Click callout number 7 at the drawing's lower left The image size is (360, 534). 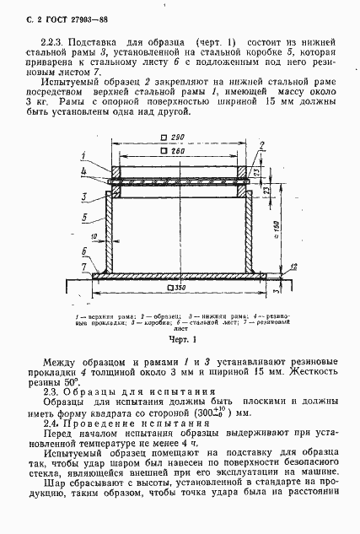point(83,267)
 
